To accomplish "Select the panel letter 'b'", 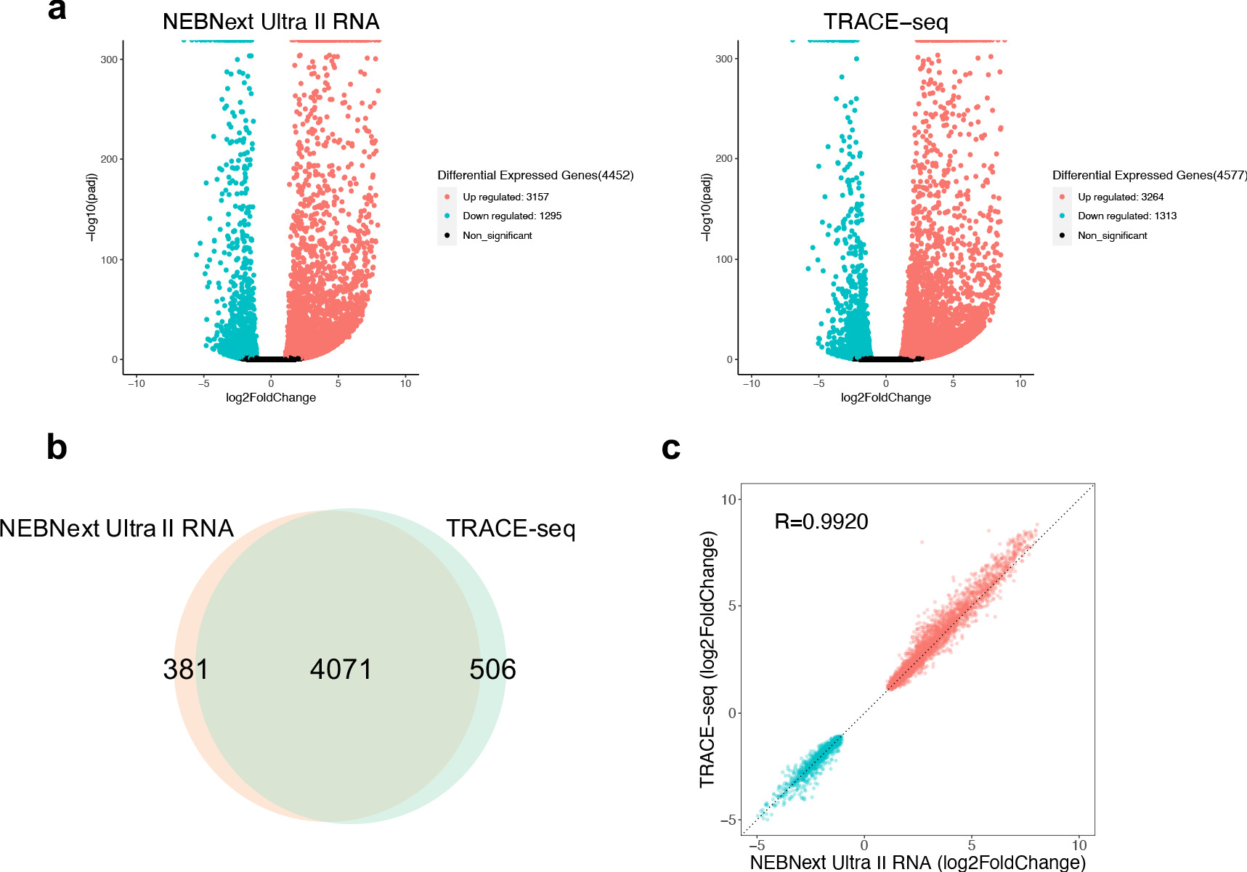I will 57,447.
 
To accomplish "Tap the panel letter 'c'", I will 671,448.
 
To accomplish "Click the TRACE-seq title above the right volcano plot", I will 885,22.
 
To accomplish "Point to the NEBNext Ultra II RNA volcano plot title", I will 271,22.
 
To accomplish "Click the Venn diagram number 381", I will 186,669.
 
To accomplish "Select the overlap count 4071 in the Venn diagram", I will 341,669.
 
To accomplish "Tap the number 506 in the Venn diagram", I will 492,669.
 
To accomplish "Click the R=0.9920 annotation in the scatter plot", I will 821,521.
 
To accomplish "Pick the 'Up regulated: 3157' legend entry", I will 505,197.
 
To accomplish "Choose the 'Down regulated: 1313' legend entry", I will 1126,216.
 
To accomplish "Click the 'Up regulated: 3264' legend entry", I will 1121,197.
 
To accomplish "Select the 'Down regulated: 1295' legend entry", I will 512,216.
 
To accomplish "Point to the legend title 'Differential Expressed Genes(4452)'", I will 535,175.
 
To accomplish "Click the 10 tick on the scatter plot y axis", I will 728,500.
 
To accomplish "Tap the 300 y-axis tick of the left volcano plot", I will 109,60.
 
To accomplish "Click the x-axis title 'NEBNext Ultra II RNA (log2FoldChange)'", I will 917,862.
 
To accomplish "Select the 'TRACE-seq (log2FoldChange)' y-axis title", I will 707,659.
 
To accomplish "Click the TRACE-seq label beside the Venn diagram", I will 511,528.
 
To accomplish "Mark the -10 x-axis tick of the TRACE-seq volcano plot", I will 751,383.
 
